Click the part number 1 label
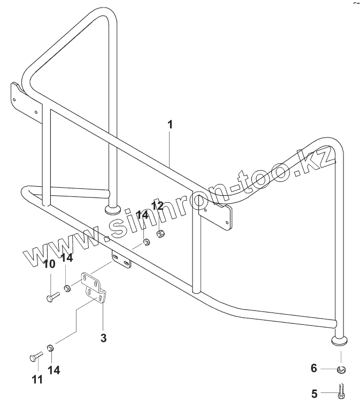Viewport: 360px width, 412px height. [170, 125]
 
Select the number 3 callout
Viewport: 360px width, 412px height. [104, 338]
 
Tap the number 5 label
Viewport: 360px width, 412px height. [315, 394]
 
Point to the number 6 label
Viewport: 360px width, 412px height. [315, 369]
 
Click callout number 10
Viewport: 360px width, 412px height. [49, 264]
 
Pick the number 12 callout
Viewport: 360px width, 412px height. [157, 206]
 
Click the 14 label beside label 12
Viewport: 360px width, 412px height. [142, 215]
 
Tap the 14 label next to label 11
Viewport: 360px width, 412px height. [53, 370]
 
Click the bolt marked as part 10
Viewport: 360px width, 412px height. [52, 296]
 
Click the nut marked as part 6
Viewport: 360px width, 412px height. [342, 369]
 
